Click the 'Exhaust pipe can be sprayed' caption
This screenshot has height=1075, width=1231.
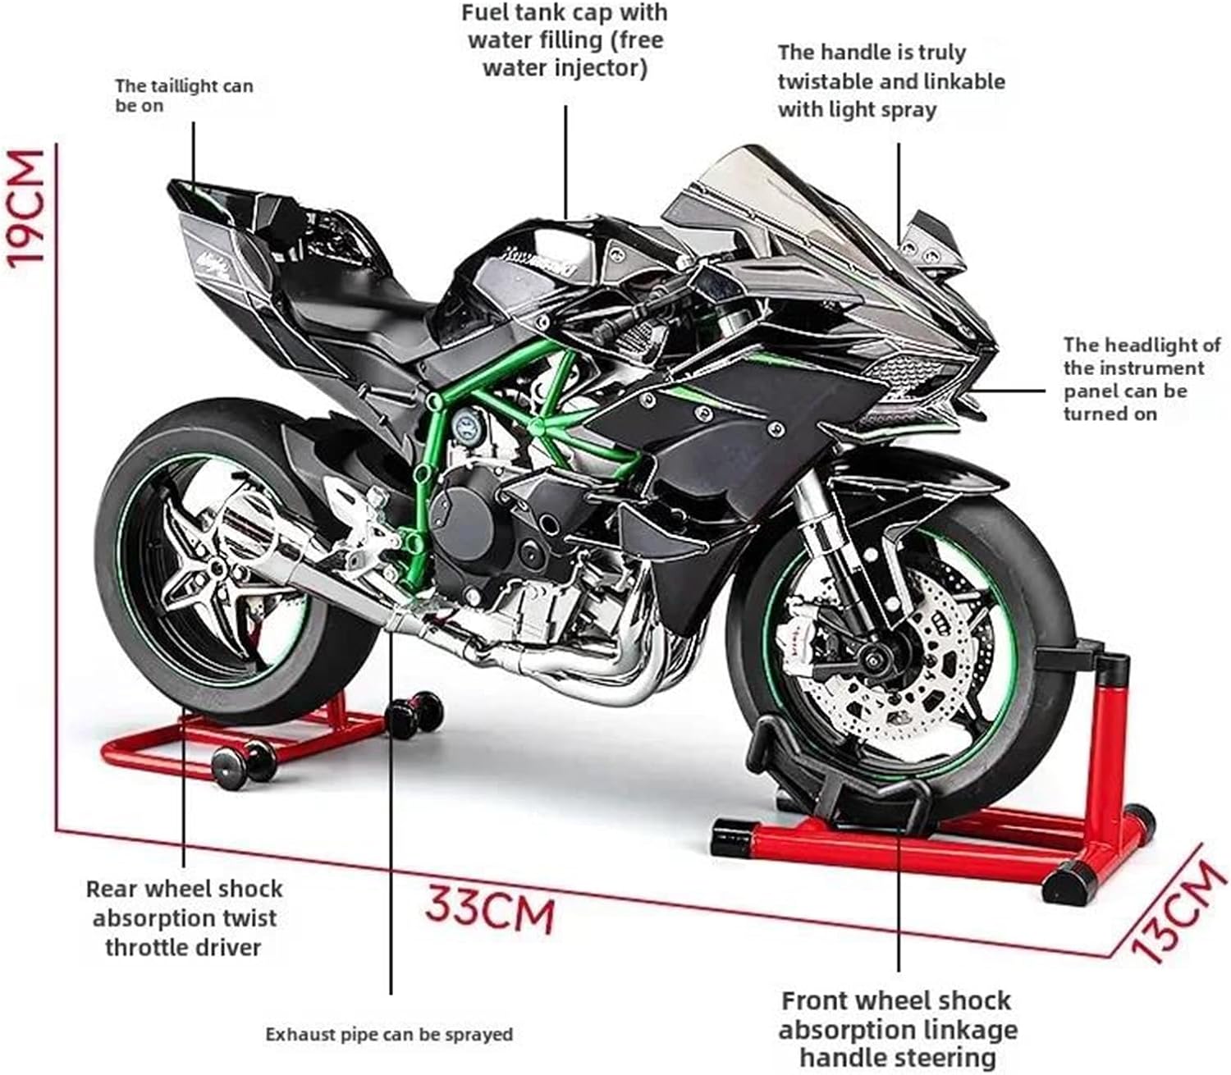pyautogui.click(x=389, y=1034)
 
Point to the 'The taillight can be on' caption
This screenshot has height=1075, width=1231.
pyautogui.click(x=184, y=95)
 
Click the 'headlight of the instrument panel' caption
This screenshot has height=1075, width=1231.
pyautogui.click(x=1141, y=378)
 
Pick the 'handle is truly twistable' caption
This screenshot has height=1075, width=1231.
pyautogui.click(x=890, y=80)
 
